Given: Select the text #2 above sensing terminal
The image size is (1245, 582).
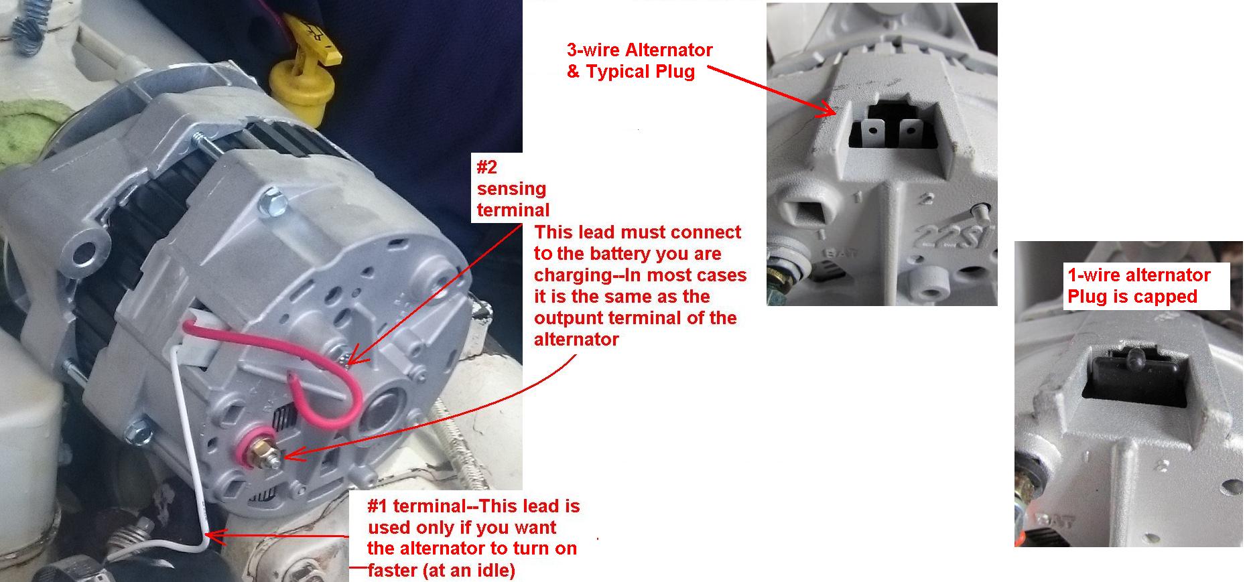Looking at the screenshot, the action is click(486, 166).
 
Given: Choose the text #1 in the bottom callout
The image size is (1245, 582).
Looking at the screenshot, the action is click(379, 506).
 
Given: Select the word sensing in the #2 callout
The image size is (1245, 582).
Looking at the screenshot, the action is click(511, 189).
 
